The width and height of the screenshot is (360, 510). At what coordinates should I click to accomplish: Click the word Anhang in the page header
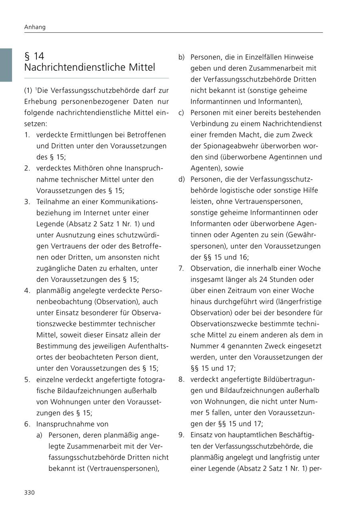tap(35, 27)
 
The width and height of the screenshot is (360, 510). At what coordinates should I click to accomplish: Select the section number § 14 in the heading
tap(34, 56)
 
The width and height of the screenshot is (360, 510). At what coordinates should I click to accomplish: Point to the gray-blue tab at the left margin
tap(6, 65)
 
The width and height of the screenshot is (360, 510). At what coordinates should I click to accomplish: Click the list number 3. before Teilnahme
tap(27, 202)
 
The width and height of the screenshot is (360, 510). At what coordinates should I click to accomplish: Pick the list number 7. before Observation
tap(181, 268)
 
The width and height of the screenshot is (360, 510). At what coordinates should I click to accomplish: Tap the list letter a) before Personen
tap(39, 435)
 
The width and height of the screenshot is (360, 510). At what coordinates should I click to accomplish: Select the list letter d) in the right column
tap(182, 179)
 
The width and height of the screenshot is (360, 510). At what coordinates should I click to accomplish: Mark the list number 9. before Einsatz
tap(181, 435)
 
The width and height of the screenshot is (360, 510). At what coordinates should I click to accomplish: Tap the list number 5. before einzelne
tap(27, 379)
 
